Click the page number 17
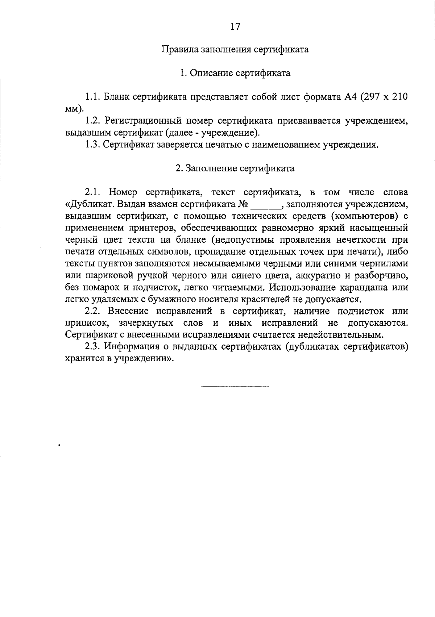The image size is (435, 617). click(235, 26)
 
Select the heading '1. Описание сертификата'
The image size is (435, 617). click(235, 74)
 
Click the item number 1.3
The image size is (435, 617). click(92, 145)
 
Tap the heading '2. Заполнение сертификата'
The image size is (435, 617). click(235, 168)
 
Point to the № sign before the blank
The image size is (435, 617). click(243, 204)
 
